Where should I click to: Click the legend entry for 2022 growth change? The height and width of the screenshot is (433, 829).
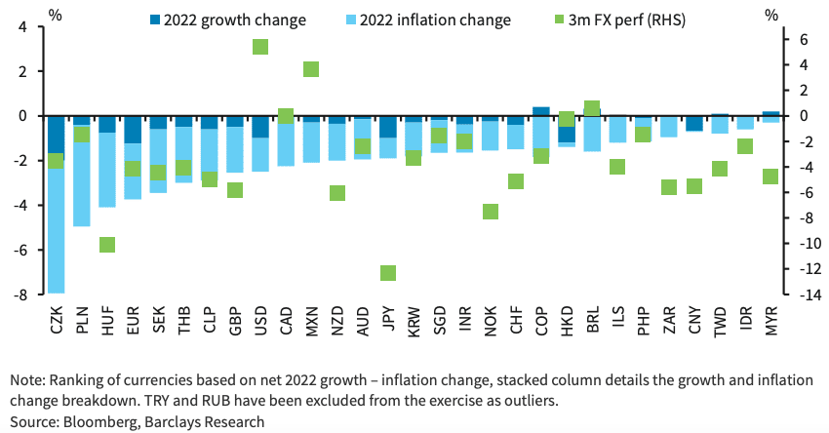pyautogui.click(x=225, y=20)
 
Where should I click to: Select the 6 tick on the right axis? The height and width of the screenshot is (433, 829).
pyautogui.click(x=801, y=39)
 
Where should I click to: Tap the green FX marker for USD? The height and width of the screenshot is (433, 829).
pyautogui.click(x=260, y=47)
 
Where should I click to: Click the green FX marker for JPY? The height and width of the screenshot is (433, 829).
pyautogui.click(x=388, y=273)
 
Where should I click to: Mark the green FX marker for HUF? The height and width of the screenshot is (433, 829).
pyautogui.click(x=107, y=245)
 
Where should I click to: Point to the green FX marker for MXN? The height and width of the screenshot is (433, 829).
pyautogui.click(x=311, y=69)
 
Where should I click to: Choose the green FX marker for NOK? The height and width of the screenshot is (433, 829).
pyautogui.click(x=491, y=212)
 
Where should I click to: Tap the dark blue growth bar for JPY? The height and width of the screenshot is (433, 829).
pyautogui.click(x=388, y=127)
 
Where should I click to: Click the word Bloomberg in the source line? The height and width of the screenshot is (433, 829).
pyautogui.click(x=103, y=421)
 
